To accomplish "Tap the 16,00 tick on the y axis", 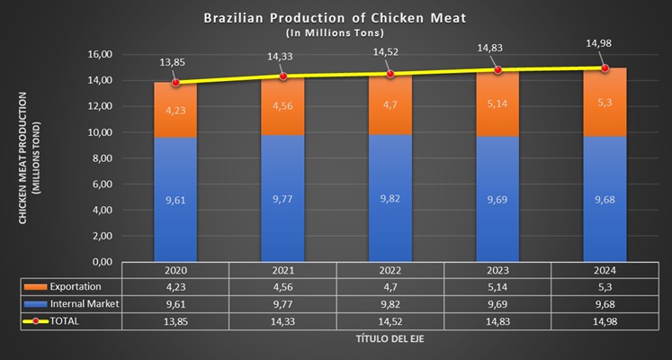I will (x=99, y=54).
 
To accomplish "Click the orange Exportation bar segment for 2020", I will (x=175, y=110).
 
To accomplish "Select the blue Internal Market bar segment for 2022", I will (x=390, y=198).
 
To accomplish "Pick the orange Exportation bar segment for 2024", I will (x=605, y=103).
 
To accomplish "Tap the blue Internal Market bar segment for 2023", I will (x=497, y=199).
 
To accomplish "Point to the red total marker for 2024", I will (x=605, y=67).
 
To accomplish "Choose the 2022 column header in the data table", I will (x=390, y=270).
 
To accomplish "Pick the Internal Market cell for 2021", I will (x=283, y=304).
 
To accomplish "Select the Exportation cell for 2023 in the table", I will (x=497, y=287).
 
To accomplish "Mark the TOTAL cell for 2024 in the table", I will (x=605, y=321).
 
